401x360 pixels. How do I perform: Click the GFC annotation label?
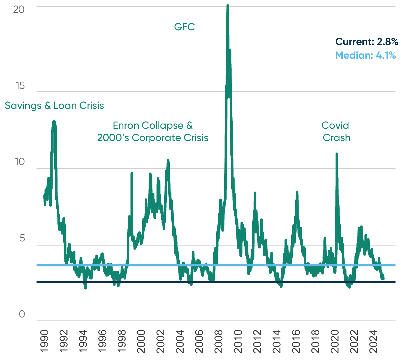click(x=184, y=27)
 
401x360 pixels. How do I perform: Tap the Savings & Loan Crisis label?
click(x=54, y=106)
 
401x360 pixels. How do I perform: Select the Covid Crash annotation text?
click(x=336, y=131)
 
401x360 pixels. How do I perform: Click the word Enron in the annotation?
click(x=126, y=125)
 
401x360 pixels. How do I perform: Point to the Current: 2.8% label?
click(x=366, y=42)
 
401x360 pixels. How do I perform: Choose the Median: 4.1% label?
click(x=365, y=55)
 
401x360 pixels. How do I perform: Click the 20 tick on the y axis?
click(x=19, y=9)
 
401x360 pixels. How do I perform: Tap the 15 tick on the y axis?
click(x=20, y=86)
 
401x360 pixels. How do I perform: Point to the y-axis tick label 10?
click(x=20, y=162)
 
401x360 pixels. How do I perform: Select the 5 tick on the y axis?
click(x=22, y=238)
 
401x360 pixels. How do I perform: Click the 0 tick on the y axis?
click(x=22, y=314)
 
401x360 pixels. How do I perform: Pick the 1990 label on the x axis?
click(x=44, y=341)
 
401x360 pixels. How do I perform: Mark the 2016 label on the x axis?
click(x=296, y=341)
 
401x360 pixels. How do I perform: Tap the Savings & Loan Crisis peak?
click(x=54, y=121)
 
